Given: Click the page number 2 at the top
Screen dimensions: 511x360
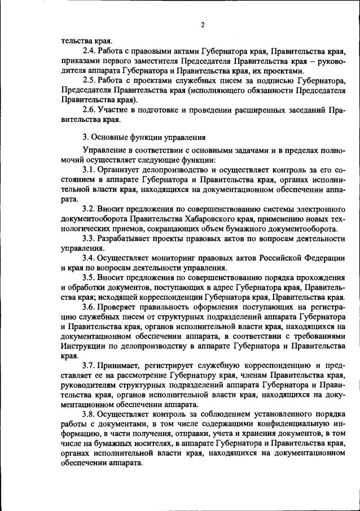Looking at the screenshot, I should coord(202,24).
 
